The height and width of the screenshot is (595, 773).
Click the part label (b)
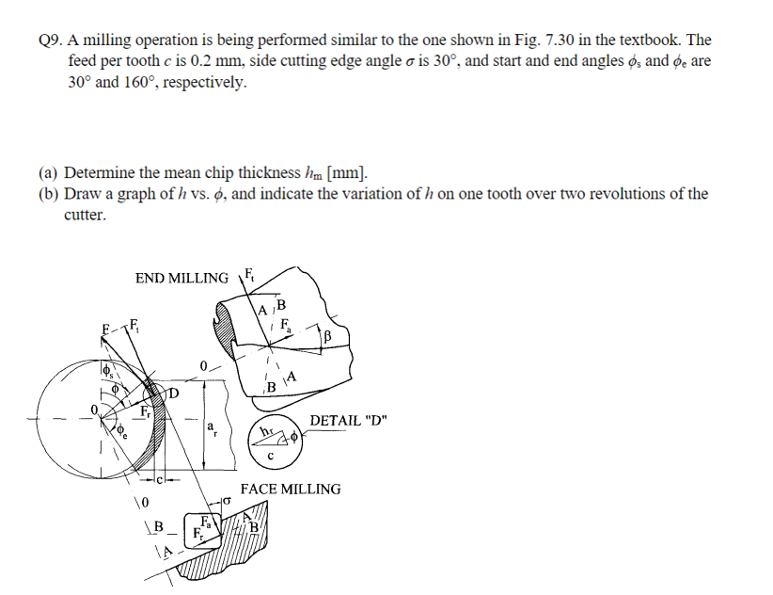pyautogui.click(x=49, y=194)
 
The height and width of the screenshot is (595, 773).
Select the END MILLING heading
pyautogui.click(x=181, y=278)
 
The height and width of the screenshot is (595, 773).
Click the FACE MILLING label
pyautogui.click(x=291, y=489)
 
